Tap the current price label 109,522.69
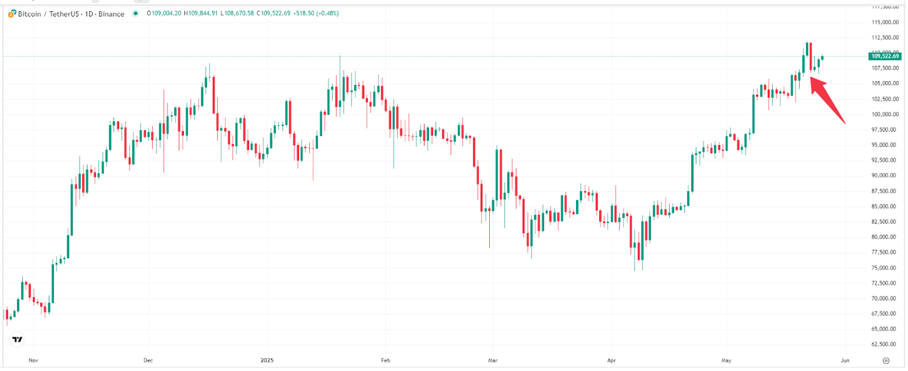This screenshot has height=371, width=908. tap(885, 56)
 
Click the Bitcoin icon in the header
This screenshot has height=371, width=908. tap(12, 14)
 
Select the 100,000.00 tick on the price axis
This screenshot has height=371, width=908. tap(885, 114)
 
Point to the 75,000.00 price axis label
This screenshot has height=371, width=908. tap(885, 268)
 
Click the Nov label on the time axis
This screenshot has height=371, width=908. tap(33, 360)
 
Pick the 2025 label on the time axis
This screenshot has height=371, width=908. tap(267, 360)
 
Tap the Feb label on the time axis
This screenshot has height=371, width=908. tap(385, 360)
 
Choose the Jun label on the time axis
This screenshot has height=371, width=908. tap(845, 360)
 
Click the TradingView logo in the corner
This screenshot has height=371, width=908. tap(18, 339)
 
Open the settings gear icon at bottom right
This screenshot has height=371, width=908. tap(886, 360)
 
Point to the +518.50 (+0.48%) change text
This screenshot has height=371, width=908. tap(316, 14)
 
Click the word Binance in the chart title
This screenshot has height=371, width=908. tap(111, 14)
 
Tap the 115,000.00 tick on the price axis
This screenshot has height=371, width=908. tap(885, 22)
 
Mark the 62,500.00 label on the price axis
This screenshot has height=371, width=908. tap(885, 344)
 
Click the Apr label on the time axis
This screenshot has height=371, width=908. tap(611, 360)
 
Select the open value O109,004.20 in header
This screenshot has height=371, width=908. tap(164, 14)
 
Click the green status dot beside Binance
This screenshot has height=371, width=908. tap(136, 14)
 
